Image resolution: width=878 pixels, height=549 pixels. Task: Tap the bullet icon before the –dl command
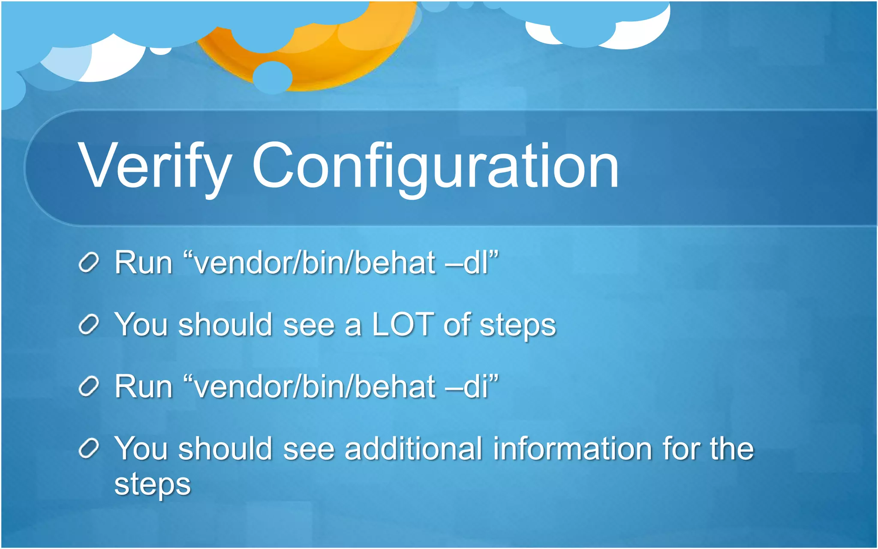click(x=89, y=262)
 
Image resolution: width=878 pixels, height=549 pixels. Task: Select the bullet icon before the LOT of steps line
click(x=89, y=325)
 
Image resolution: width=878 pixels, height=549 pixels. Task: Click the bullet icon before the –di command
click(x=89, y=386)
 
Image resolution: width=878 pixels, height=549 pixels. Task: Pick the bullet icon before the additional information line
click(x=89, y=449)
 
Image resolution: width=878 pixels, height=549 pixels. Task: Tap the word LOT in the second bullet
click(x=403, y=325)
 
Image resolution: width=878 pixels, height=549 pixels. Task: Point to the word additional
click(x=413, y=449)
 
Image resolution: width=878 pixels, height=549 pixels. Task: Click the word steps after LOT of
click(x=517, y=326)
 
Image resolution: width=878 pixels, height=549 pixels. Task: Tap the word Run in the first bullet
click(x=143, y=262)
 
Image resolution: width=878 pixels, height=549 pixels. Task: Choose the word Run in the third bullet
click(x=143, y=386)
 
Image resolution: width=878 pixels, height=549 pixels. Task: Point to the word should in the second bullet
click(x=226, y=325)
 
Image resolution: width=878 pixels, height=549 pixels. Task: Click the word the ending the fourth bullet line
click(x=731, y=449)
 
